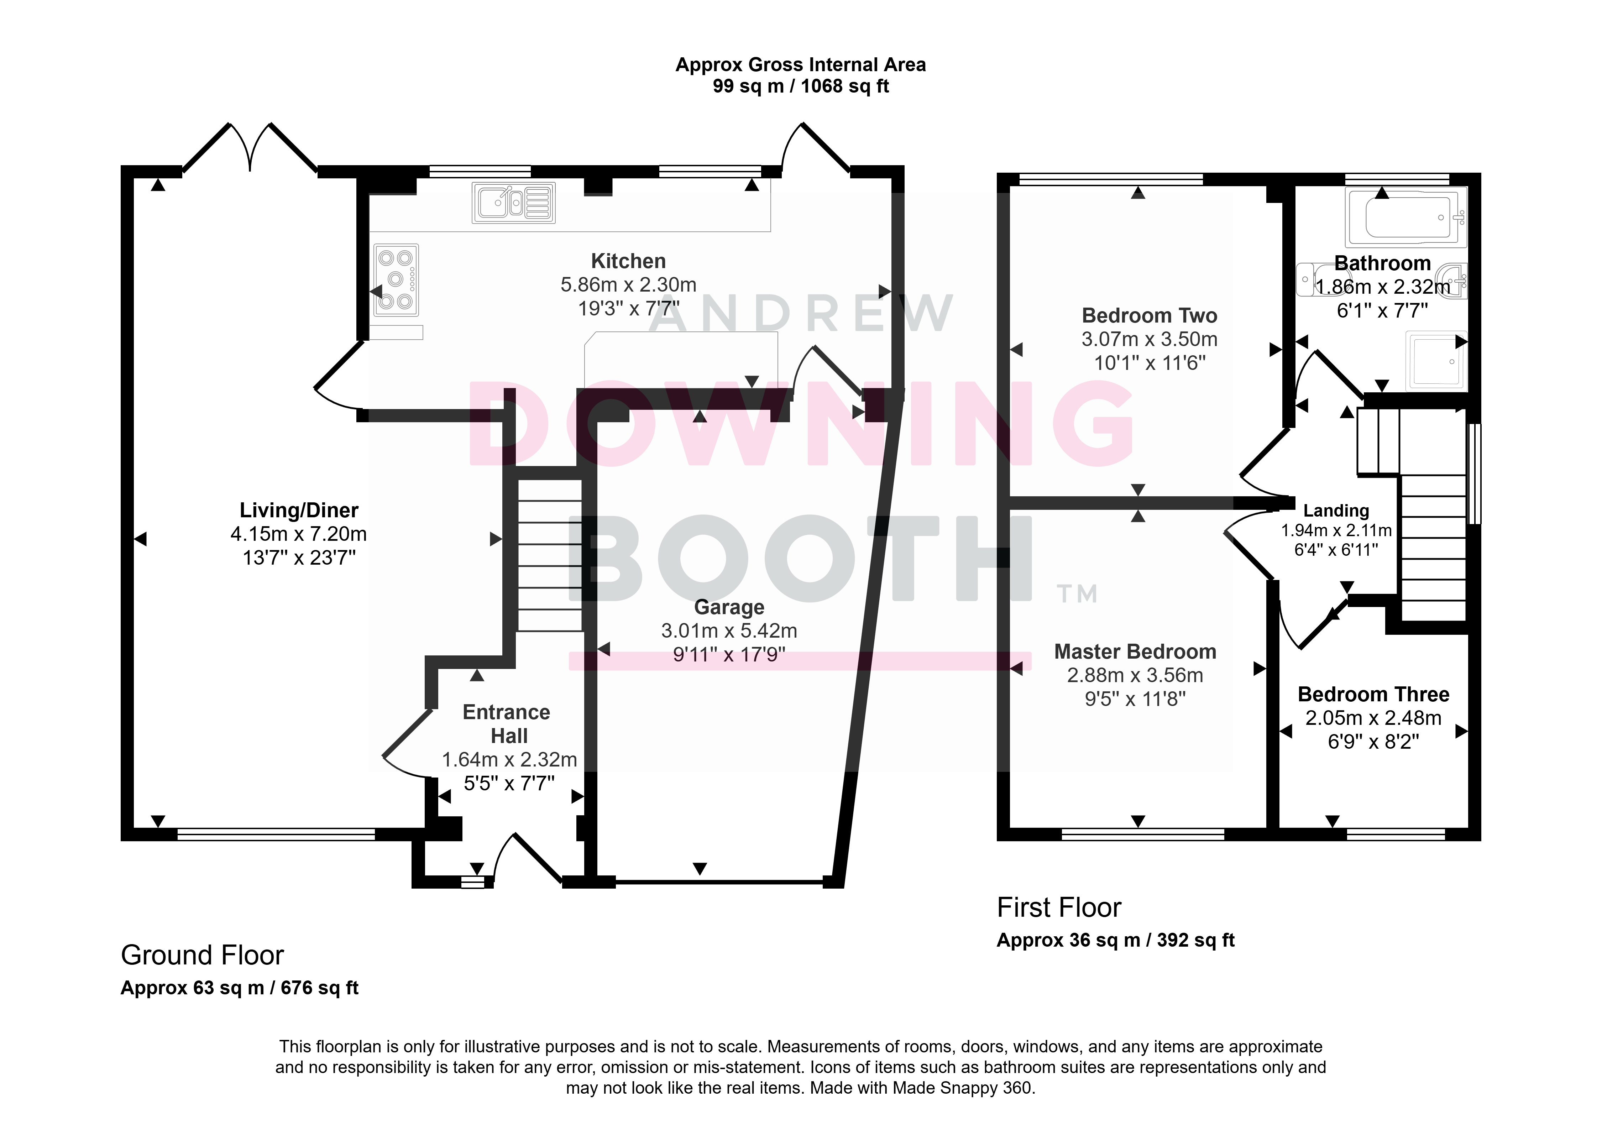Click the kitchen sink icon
click(514, 203)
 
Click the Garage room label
click(729, 607)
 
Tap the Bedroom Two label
click(1149, 315)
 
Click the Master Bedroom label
click(1135, 652)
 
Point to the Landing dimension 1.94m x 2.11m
click(1336, 530)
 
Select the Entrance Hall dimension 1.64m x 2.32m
click(509, 759)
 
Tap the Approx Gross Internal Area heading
click(800, 65)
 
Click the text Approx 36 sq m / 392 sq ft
click(1116, 940)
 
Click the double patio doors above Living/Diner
click(250, 148)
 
